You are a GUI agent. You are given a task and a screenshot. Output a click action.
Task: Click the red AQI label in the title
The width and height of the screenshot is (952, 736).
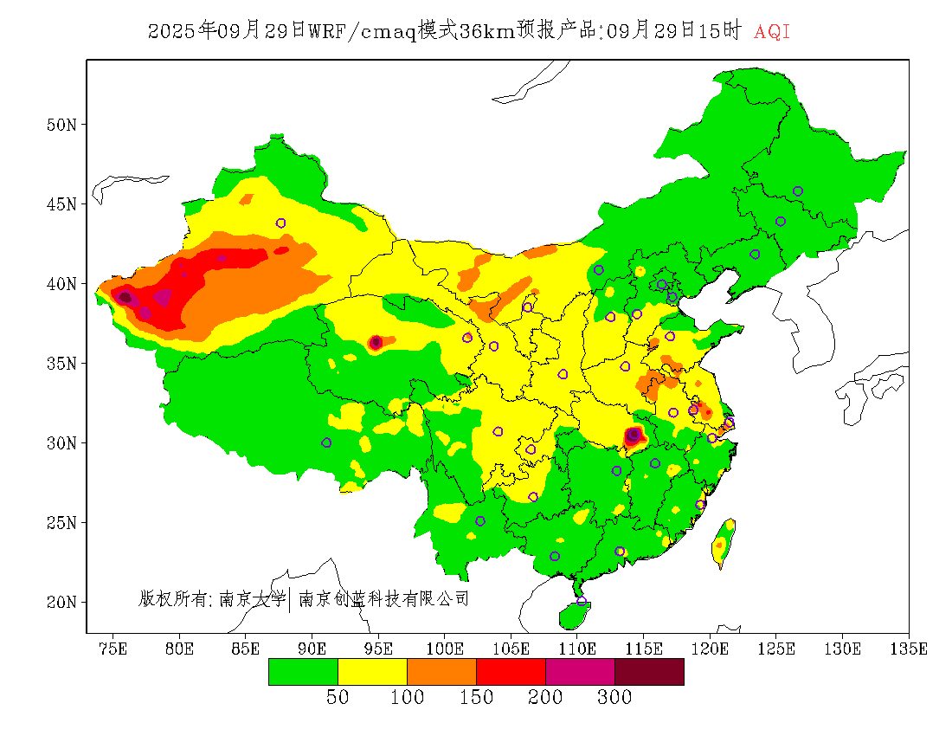[772, 32]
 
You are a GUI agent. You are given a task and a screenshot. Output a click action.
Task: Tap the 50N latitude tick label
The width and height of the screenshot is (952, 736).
[61, 125]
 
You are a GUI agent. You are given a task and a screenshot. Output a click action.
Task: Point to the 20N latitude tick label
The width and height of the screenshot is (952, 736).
[61, 602]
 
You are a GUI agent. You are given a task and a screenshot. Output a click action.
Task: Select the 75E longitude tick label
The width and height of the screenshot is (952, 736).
[113, 649]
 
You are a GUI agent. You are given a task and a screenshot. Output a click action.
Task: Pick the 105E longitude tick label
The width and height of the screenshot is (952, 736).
[511, 649]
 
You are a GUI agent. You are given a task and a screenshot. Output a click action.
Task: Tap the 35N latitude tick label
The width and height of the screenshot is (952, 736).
[61, 363]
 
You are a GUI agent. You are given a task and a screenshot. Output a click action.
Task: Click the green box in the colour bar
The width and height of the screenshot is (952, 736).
[303, 672]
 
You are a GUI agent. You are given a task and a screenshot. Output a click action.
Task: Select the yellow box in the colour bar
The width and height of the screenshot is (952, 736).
[372, 672]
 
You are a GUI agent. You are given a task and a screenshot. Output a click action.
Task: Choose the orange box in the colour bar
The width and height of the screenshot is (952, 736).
[441, 672]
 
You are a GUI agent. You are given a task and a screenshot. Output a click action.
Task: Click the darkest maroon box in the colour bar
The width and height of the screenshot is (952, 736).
[649, 672]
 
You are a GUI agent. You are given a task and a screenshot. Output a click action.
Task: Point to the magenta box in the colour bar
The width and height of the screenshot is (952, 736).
[580, 672]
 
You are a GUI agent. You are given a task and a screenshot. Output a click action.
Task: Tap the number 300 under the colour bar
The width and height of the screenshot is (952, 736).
[614, 698]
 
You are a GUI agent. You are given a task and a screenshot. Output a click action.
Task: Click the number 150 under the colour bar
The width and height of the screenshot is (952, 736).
[476, 698]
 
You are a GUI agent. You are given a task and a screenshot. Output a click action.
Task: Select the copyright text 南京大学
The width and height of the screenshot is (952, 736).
[252, 598]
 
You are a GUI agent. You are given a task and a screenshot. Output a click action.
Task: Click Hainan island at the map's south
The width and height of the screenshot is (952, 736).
[574, 614]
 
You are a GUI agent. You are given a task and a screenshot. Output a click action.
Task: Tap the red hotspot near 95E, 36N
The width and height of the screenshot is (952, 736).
[376, 343]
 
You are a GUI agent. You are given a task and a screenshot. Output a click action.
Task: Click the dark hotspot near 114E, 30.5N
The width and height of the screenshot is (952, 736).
[634, 436]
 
